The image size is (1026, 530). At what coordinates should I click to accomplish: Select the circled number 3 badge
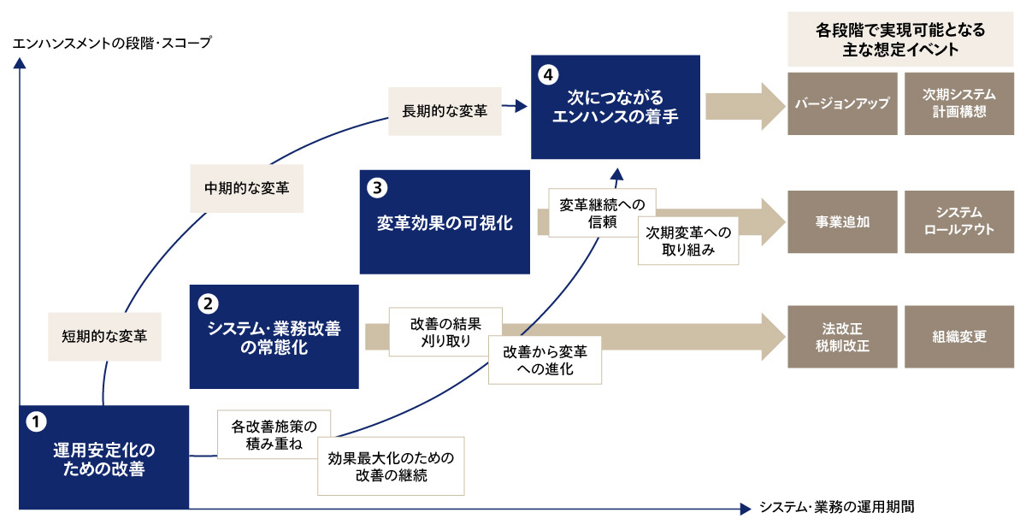pos(377,185)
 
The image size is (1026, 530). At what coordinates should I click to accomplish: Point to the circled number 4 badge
pos(548,74)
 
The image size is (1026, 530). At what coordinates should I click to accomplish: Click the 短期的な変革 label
pos(104,336)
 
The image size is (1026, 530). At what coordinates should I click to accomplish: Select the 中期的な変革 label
pos(246,187)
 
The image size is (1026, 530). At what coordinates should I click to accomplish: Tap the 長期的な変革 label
pos(445,110)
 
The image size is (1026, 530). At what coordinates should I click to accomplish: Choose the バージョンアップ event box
pos(842,104)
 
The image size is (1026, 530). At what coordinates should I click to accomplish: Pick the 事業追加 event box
pos(842,221)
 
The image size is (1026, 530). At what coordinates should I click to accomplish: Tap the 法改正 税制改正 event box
pos(842,337)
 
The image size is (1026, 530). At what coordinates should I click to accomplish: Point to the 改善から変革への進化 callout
pos(545,360)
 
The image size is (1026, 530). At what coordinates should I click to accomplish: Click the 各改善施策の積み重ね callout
pos(274,435)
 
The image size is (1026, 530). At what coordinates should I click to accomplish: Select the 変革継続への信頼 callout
pos(601,213)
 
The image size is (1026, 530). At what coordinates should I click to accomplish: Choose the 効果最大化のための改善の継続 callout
pos(391,466)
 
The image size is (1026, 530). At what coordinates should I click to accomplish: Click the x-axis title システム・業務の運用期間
pos(837,507)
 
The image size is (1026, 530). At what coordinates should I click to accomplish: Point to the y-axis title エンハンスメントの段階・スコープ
pos(112,42)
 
